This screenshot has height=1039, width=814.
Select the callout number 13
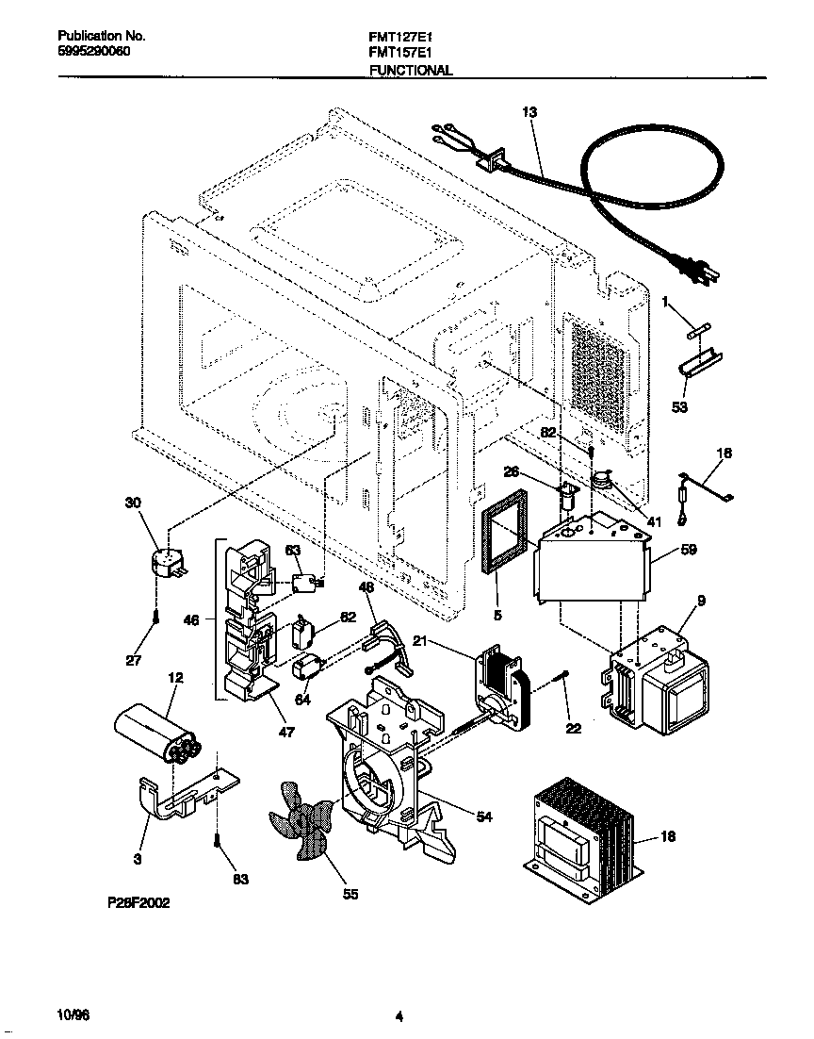point(529,112)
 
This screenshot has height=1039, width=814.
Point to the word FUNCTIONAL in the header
point(410,70)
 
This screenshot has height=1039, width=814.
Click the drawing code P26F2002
point(138,901)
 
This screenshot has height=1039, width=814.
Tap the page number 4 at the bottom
point(399,1016)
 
